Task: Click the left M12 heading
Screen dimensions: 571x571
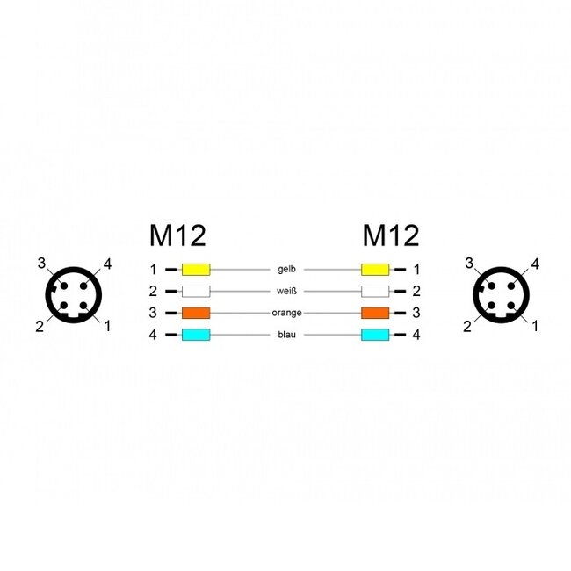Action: [177, 235]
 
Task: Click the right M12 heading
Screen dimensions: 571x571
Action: [391, 235]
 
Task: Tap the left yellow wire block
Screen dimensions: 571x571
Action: [195, 269]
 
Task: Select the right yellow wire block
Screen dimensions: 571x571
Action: [375, 269]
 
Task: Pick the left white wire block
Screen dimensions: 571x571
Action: [195, 291]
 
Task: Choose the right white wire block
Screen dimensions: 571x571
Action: [375, 291]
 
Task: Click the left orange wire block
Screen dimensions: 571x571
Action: [195, 313]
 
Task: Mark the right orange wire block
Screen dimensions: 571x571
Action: [375, 313]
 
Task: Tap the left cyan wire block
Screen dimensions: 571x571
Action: [195, 335]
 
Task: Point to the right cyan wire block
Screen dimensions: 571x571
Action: [375, 335]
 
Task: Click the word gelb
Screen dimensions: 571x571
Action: [285, 269]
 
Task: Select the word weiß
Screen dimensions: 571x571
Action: [285, 291]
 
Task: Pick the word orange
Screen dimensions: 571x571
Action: [285, 313]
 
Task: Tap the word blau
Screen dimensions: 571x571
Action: [285, 335]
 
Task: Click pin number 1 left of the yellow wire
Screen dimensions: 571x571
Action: [153, 269]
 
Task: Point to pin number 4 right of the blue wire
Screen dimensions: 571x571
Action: [416, 335]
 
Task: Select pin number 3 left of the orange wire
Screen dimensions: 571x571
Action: [153, 313]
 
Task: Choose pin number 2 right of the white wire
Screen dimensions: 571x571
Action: [416, 291]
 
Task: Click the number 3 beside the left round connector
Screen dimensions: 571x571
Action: [40, 264]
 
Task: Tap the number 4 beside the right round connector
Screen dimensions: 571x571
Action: [535, 264]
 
